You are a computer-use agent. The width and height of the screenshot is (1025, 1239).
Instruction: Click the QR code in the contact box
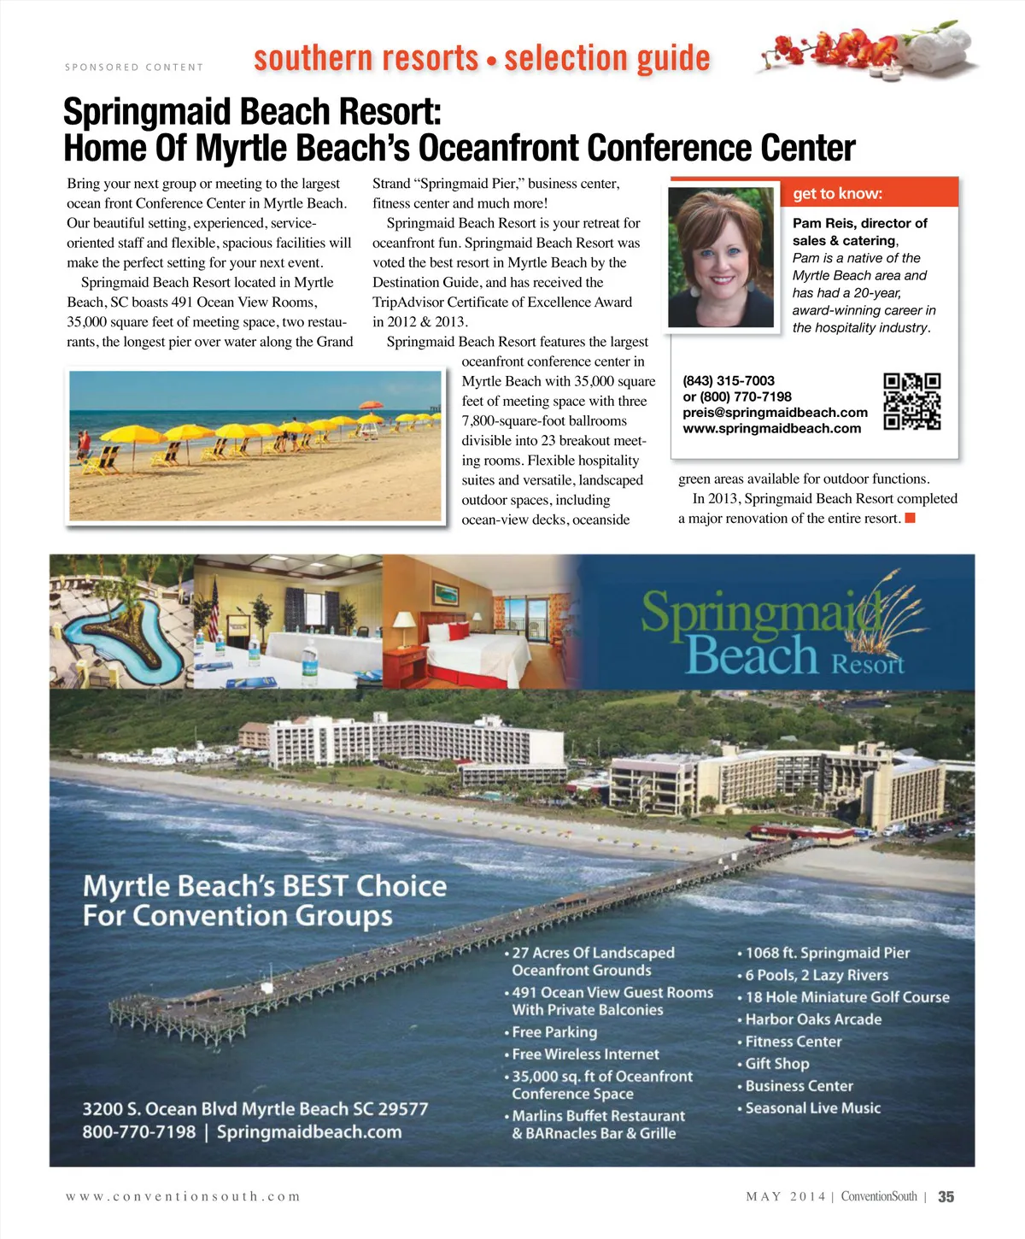tap(911, 401)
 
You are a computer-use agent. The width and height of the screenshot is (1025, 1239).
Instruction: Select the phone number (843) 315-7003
tap(729, 381)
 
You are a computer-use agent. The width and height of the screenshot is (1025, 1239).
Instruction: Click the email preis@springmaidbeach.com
tap(775, 413)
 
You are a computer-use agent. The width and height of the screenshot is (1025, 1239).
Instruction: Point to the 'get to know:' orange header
tap(837, 193)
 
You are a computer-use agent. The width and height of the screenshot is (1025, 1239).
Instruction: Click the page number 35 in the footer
tap(946, 1197)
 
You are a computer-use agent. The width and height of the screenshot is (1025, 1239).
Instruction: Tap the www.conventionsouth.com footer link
tap(183, 1197)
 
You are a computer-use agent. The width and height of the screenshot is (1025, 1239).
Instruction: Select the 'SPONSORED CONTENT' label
tap(134, 68)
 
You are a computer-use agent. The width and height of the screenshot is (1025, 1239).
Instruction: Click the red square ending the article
tap(910, 518)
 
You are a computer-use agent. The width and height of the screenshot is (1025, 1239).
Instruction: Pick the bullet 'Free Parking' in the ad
tap(553, 1032)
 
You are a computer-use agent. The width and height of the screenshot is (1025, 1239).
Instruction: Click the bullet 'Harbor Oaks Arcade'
tap(812, 1019)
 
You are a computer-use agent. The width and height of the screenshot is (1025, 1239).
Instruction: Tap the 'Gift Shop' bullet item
tap(776, 1064)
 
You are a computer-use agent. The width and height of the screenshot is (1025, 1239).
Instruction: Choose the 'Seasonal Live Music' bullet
tap(812, 1108)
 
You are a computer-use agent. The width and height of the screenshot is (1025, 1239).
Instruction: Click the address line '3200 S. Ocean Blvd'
tap(255, 1109)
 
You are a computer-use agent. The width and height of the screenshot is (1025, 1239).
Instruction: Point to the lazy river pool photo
tap(121, 621)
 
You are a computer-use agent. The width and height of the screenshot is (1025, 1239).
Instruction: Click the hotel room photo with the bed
tap(481, 621)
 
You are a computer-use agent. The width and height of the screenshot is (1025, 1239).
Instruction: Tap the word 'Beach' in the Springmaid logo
tap(752, 656)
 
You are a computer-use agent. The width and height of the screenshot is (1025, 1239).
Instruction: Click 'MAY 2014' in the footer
tap(786, 1197)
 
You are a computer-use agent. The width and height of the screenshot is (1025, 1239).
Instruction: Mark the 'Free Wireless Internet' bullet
tap(585, 1054)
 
